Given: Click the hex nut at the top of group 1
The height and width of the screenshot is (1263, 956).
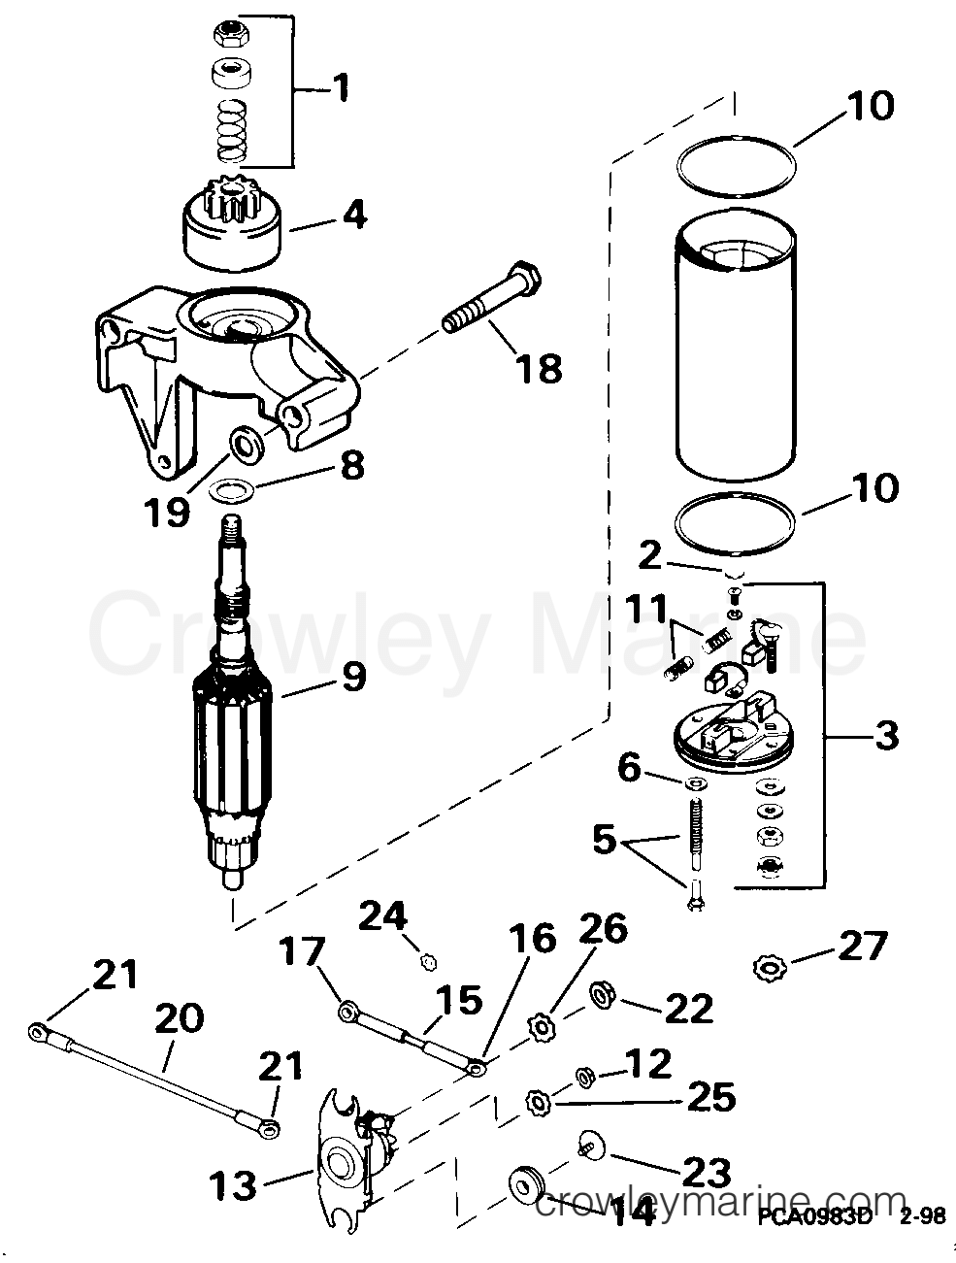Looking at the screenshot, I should point(228,32).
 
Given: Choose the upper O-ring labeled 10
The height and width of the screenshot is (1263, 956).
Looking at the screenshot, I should point(738,159).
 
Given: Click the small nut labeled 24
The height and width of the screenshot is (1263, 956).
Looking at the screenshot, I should point(426,961).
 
